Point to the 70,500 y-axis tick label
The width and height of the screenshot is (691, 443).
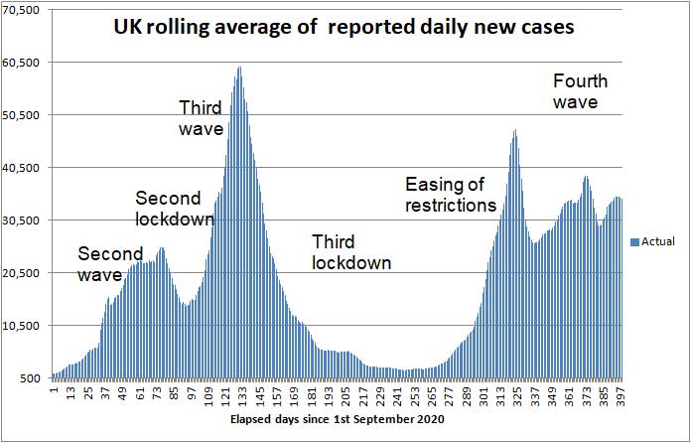point(22,10)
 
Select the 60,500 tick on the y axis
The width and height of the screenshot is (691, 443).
point(22,63)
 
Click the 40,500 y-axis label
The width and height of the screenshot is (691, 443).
point(22,168)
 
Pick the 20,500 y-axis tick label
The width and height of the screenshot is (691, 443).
point(22,273)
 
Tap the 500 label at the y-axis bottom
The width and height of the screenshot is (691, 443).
point(30,378)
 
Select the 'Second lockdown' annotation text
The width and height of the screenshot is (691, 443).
point(174,209)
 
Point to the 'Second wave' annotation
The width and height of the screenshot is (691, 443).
point(110,263)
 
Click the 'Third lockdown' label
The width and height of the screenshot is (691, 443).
point(350,252)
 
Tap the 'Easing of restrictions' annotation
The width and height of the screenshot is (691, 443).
point(450,195)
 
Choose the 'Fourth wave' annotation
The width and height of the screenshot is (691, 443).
point(580,90)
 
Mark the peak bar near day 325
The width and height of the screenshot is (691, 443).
point(514,131)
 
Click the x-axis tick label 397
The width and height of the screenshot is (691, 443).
point(620,395)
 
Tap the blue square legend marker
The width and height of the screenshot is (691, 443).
point(634,241)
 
